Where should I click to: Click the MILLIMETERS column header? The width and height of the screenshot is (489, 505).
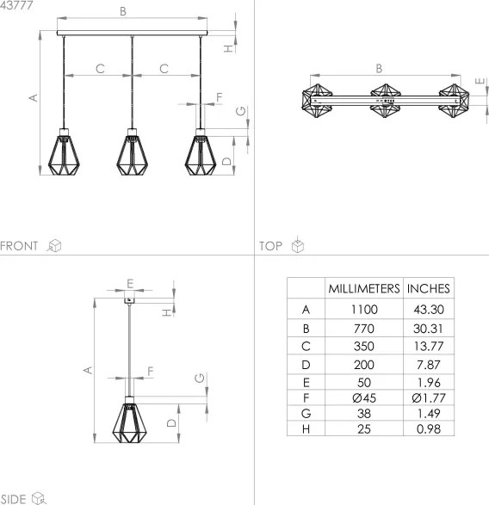[362, 289]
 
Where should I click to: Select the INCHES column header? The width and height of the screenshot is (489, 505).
[428, 289]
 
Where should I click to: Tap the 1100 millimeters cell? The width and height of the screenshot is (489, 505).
[362, 309]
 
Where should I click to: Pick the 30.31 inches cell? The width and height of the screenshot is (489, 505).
[428, 329]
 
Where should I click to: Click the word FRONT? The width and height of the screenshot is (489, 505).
[20, 246]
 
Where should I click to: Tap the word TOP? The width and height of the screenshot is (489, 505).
[271, 246]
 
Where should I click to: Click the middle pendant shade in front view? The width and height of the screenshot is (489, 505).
[132, 152]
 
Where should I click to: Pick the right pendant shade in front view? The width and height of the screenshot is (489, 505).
[201, 152]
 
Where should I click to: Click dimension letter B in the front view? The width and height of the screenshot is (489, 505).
[123, 12]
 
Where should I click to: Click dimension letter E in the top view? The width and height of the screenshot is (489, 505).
[479, 83]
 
